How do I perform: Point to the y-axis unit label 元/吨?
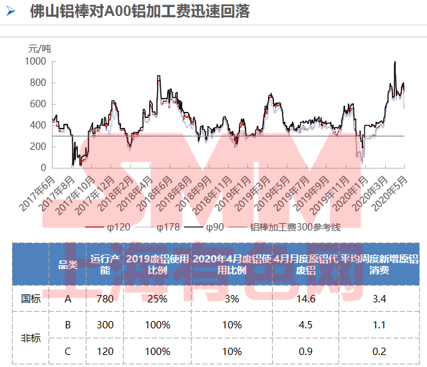pyautogui.click(x=39, y=48)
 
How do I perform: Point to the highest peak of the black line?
pyautogui.click(x=395, y=62)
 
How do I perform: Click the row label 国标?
pyautogui.click(x=31, y=299)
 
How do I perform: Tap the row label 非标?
pyautogui.click(x=31, y=338)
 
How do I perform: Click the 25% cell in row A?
pyautogui.click(x=157, y=299)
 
